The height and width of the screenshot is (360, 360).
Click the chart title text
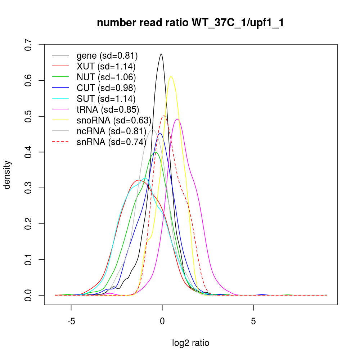point(191,23)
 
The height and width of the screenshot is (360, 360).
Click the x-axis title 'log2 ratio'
point(191,343)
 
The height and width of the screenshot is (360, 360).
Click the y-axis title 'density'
point(7,175)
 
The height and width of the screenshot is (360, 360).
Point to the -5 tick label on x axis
point(71,320)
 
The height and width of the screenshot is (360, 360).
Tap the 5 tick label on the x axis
point(253,320)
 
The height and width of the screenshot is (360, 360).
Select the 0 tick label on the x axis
point(162,320)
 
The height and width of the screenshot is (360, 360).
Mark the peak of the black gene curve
point(161,54)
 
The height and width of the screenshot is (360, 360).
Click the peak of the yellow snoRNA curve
point(171,76)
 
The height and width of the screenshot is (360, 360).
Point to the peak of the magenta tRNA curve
point(177,119)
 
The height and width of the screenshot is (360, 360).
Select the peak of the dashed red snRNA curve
point(164,116)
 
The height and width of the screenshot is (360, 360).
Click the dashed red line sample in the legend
point(60,142)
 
